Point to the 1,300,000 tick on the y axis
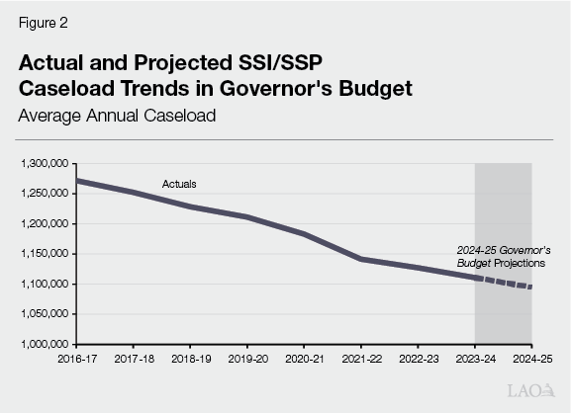43,163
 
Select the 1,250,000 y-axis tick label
43,194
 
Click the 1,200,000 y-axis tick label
43,223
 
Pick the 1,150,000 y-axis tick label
43,254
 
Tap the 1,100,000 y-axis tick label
43,285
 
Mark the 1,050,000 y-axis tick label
43,314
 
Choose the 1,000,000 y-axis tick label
43,345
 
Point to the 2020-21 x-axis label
303,360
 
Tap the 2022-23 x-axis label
418,360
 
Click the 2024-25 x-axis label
531,360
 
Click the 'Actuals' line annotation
179,184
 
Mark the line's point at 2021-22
360,259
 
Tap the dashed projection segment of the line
505,283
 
